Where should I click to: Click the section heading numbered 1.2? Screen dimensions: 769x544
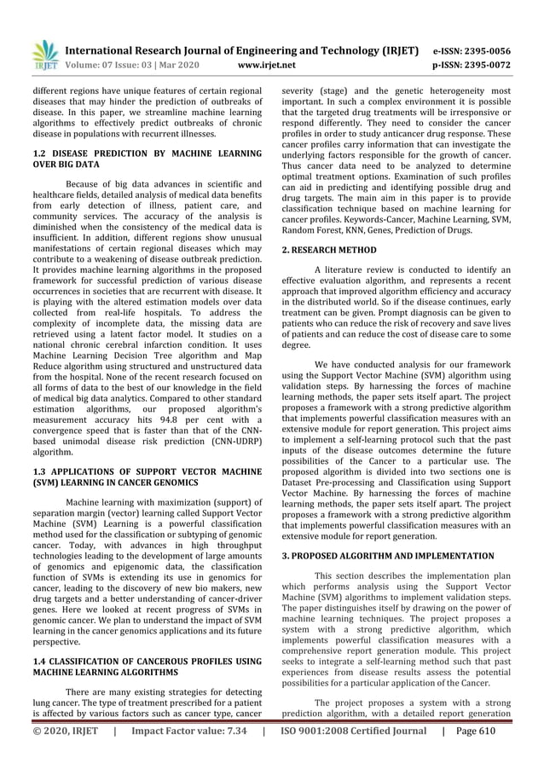click(147, 159)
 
